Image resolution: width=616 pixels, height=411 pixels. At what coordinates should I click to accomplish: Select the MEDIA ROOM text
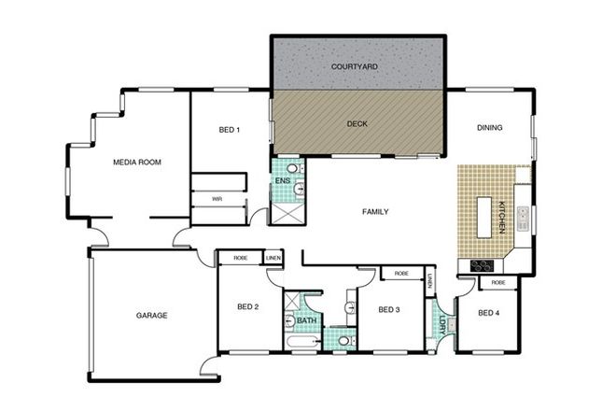(x=137, y=163)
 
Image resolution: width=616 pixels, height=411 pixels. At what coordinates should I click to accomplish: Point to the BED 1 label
(x=230, y=130)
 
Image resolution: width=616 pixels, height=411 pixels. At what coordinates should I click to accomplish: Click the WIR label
(x=217, y=198)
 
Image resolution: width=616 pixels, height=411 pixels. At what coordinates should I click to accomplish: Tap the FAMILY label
(x=375, y=212)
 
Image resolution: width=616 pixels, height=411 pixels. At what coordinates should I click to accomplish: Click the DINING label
(x=490, y=128)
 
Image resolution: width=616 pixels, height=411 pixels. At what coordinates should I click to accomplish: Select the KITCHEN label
(x=501, y=217)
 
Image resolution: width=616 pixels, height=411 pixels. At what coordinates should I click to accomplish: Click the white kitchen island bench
(x=484, y=217)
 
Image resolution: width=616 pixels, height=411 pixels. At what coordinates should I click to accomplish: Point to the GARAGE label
(x=150, y=316)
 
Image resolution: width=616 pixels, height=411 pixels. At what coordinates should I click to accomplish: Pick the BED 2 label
(x=247, y=306)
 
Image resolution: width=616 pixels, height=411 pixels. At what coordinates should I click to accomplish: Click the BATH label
(x=306, y=321)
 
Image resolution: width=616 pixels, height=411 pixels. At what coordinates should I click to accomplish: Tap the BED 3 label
(x=389, y=309)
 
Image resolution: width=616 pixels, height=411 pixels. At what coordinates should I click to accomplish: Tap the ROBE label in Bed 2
(x=241, y=256)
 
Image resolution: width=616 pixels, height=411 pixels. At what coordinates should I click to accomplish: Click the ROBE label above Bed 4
(x=498, y=282)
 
